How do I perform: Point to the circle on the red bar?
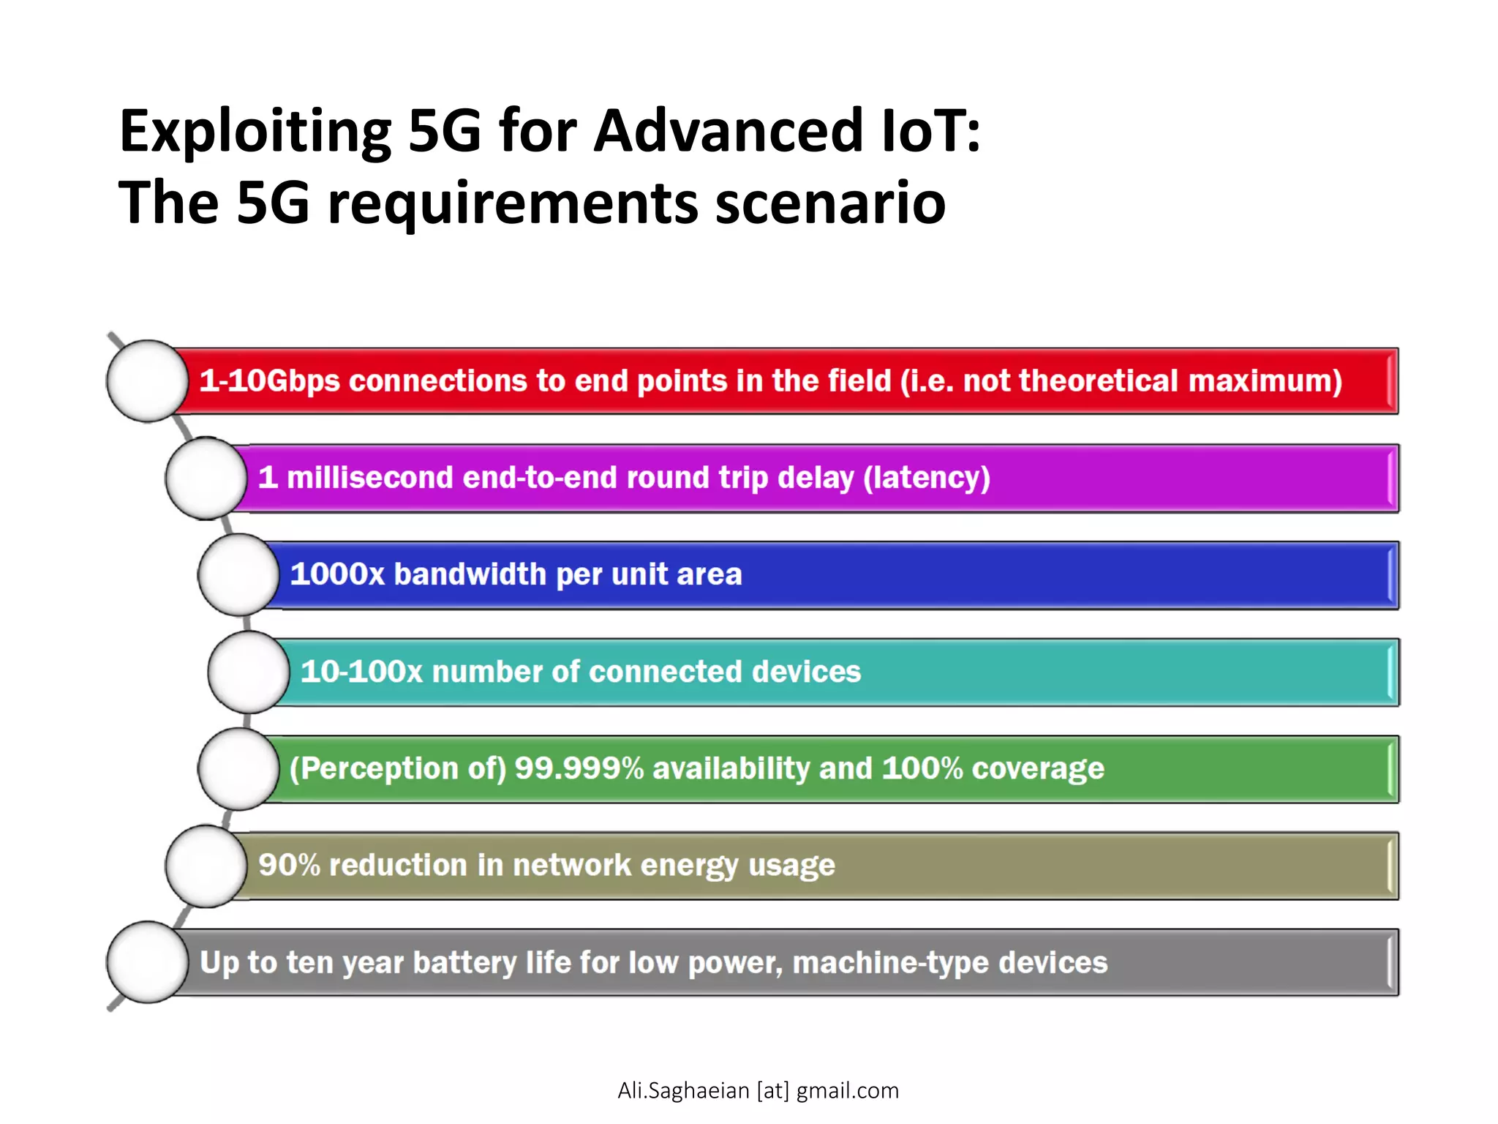[148, 381]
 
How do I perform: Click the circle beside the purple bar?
[206, 479]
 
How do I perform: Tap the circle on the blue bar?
[238, 575]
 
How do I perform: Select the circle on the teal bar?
[249, 672]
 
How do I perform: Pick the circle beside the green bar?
[238, 769]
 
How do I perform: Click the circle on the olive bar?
[206, 866]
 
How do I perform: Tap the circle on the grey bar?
[148, 962]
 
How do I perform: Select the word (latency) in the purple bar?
[927, 478]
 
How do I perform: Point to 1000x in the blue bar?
[337, 574]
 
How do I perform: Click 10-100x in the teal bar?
[361, 672]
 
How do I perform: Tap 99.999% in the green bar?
[579, 768]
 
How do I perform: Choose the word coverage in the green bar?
[1038, 768]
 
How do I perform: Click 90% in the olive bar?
[289, 865]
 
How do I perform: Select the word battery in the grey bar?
[464, 962]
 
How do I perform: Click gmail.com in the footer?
[847, 1090]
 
